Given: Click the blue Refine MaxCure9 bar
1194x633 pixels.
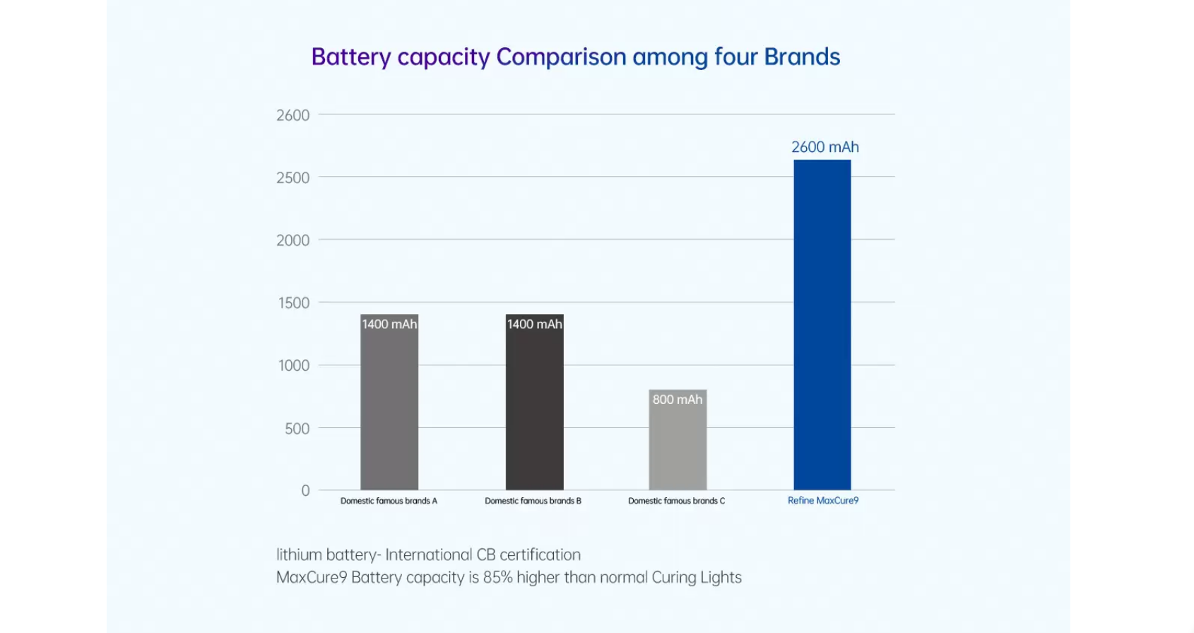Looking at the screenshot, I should click(822, 325).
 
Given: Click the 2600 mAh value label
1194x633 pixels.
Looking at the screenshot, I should click(824, 147).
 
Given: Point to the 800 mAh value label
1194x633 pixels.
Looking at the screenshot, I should click(678, 400).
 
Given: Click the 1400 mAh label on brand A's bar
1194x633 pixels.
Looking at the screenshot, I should click(389, 324).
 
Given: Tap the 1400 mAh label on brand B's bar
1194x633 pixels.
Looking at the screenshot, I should click(534, 324).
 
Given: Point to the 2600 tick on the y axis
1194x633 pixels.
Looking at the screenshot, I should click(292, 115).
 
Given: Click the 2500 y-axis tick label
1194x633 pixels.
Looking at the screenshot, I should click(292, 178).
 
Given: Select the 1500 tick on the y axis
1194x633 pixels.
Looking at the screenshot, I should click(292, 303).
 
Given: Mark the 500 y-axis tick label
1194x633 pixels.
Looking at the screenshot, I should click(297, 429).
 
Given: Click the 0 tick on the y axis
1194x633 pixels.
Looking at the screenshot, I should click(305, 490).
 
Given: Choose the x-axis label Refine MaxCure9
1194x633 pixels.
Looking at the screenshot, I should click(823, 501).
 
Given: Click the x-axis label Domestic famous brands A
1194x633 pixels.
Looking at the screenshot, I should click(389, 501).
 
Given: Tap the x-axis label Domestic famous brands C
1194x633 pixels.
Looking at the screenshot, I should click(676, 501).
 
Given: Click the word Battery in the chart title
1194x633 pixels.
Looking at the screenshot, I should click(350, 57).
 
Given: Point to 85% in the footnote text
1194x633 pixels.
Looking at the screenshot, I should click(497, 577).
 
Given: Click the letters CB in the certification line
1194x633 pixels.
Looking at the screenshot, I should click(486, 554).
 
